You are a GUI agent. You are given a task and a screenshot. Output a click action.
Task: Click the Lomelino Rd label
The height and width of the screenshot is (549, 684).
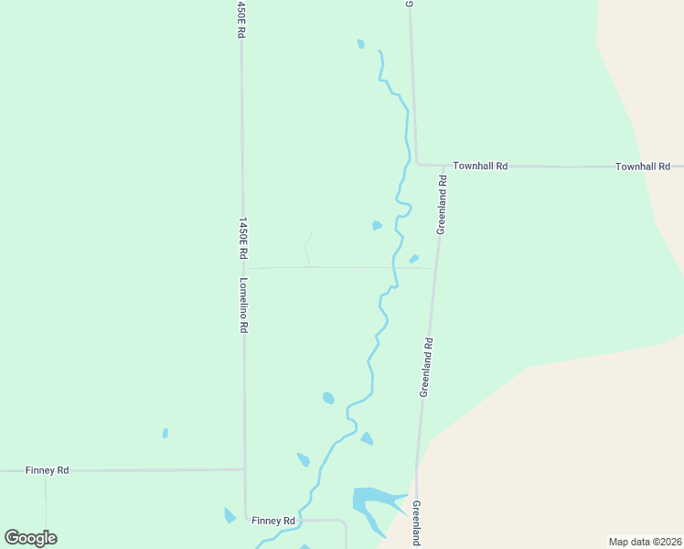(244, 305)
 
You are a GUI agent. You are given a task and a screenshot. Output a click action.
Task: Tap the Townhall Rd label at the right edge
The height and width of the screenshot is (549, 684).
(643, 167)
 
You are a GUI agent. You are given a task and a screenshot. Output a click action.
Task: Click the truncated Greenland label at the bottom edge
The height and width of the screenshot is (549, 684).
(416, 523)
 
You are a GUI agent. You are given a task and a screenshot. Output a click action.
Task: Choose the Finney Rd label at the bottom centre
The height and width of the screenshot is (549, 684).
(273, 521)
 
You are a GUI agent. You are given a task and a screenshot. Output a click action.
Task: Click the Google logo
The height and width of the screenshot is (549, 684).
(30, 538)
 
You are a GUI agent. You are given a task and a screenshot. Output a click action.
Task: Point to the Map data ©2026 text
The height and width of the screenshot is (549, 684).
(645, 541)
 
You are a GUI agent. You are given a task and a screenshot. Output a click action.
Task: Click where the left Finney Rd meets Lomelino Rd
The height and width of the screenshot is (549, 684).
(244, 469)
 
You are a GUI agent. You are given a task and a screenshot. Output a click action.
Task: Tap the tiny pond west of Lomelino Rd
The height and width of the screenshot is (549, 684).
(165, 433)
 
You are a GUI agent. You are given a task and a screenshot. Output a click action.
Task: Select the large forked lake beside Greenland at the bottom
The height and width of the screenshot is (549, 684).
(371, 501)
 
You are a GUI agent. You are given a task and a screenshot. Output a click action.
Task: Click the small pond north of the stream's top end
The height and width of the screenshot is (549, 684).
(361, 43)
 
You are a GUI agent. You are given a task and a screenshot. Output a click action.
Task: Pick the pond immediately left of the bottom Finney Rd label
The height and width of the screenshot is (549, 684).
(230, 516)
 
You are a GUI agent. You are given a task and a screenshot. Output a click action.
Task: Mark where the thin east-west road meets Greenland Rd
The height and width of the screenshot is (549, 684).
(436, 268)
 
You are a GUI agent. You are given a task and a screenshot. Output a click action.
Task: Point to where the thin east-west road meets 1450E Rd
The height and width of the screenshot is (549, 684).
(243, 268)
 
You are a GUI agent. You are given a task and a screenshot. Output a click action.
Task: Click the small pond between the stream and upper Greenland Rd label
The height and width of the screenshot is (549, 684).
(413, 258)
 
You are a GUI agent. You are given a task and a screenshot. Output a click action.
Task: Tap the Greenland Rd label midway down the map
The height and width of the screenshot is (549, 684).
(426, 366)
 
